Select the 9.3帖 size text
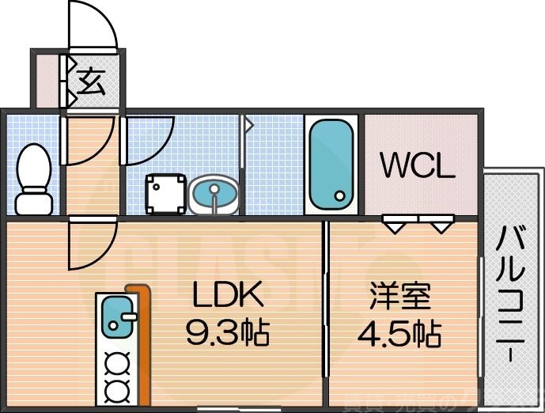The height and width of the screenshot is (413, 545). pyautogui.click(x=228, y=333)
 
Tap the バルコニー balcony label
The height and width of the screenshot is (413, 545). pyautogui.click(x=512, y=292)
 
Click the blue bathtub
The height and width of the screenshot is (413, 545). pyautogui.click(x=331, y=164)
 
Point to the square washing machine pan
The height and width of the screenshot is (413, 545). pyautogui.click(x=165, y=194)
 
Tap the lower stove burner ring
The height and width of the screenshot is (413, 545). pyautogui.click(x=118, y=388)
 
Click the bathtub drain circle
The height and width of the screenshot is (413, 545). pyautogui.click(x=339, y=196)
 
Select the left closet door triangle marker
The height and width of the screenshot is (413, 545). pyautogui.click(x=396, y=226)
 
